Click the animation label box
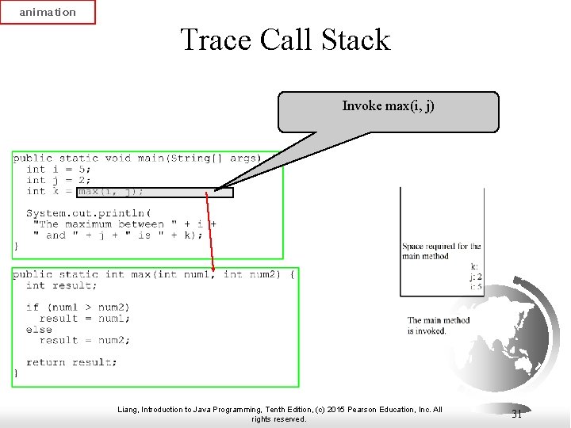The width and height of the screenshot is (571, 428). pos(48,12)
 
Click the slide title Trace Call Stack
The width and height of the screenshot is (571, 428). pos(285,40)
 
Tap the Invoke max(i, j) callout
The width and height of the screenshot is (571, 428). pos(388,111)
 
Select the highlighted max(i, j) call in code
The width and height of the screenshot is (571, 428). pos(111,191)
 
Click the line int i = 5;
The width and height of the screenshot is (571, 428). pos(59,169)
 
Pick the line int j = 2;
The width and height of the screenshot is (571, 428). pos(59,180)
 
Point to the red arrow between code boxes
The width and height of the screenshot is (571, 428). pos(210,230)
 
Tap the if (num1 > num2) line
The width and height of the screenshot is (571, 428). pos(78,307)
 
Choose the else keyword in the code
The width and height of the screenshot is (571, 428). pos(39,329)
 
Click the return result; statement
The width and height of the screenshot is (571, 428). pos(71,362)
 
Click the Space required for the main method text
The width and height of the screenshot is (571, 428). pos(441,251)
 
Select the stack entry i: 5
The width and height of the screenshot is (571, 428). pos(476,287)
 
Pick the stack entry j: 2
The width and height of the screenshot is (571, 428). pos(476,277)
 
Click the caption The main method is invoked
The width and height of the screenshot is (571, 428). pos(439,326)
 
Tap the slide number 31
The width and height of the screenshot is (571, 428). pos(516,414)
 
